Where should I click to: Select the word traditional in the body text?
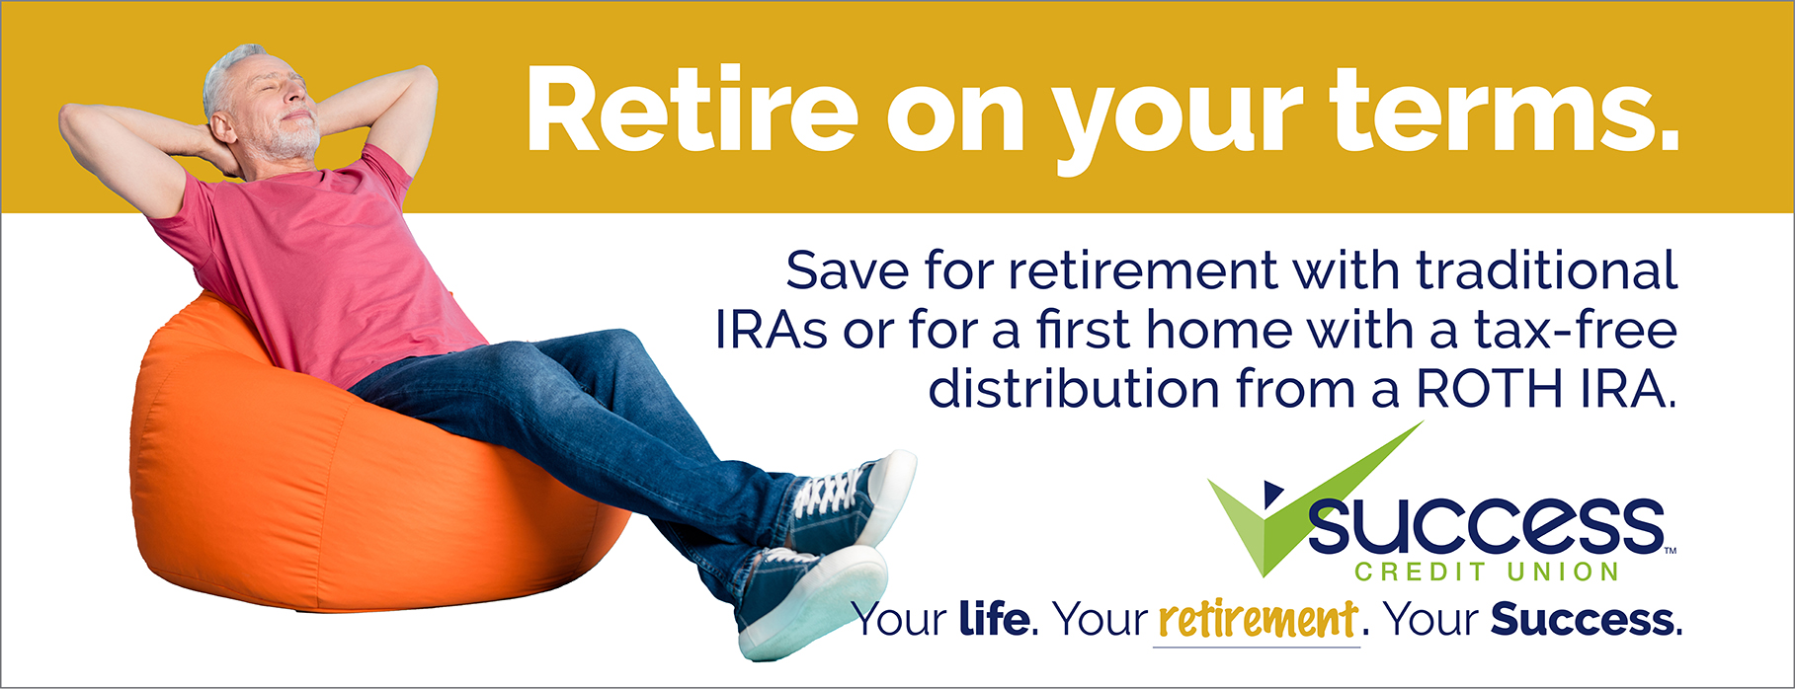coord(1547,270)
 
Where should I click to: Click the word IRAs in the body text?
coord(772,330)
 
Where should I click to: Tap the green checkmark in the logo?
coord(1294,503)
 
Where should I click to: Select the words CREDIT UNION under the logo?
coord(1487,572)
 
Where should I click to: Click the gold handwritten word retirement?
coord(1258,620)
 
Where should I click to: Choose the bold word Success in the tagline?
coord(1583,620)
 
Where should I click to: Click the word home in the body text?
coord(1218,330)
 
